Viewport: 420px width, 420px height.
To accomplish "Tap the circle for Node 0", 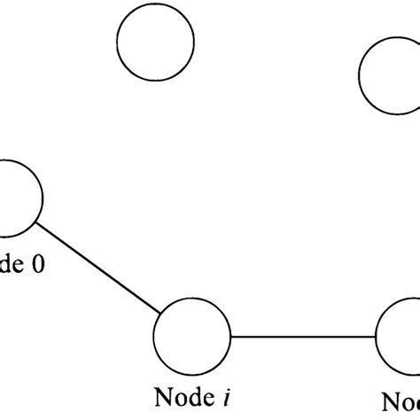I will (14, 195).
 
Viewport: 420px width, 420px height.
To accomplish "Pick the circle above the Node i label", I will (191, 338).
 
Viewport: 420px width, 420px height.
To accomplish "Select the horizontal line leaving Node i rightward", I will (301, 337).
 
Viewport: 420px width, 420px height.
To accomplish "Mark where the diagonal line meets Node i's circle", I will (162, 315).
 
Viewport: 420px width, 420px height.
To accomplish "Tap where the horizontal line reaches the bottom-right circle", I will (376, 337).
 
